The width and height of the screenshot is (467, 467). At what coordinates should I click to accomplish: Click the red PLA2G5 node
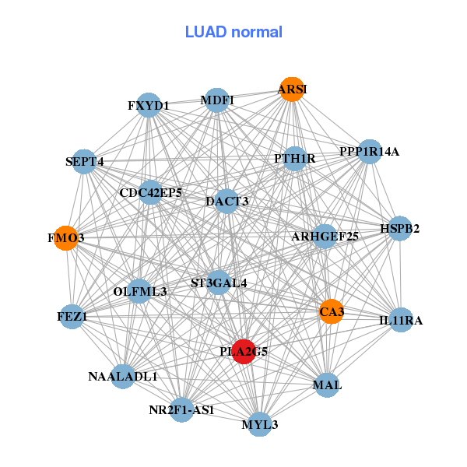coord(244,352)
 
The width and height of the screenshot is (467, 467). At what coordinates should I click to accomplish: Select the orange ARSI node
coord(292,90)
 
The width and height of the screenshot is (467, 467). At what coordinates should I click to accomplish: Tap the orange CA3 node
coord(331,311)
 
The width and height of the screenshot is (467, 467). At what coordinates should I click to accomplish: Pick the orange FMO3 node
coord(66,237)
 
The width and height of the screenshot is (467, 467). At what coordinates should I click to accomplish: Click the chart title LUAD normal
coord(233,32)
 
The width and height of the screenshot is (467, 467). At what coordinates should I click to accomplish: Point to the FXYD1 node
coord(149,105)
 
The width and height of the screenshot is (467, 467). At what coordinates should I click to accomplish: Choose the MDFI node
coord(217,100)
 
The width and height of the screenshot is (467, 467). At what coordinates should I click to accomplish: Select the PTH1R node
coord(294,159)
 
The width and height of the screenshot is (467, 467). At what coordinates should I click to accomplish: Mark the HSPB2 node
coord(400,229)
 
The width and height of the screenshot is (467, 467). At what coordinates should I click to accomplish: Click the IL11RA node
coord(400,320)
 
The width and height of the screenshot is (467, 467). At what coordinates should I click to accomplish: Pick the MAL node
coord(327,384)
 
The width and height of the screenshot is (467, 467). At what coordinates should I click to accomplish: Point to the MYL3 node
coord(259,424)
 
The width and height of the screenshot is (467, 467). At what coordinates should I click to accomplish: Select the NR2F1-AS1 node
coord(181,409)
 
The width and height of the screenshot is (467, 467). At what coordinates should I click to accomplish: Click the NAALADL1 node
coord(123,377)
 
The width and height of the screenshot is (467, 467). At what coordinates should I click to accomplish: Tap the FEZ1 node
coord(72,317)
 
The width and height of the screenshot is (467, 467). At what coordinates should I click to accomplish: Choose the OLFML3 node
coord(140,292)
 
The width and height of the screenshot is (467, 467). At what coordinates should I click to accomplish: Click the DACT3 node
coord(226,202)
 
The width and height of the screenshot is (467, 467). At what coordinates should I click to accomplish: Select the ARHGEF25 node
coord(325,236)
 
